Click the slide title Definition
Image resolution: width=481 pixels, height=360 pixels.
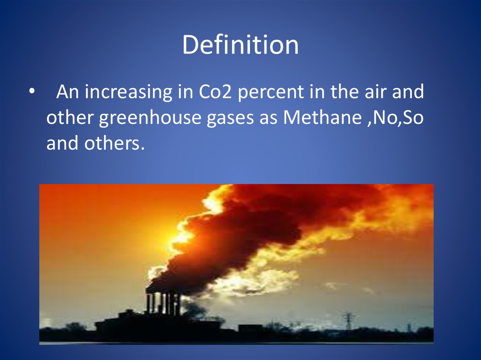point(240,45)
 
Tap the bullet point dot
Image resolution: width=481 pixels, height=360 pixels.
point(31,91)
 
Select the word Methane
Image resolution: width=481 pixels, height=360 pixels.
point(322,117)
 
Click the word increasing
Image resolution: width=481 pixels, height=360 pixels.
point(128,92)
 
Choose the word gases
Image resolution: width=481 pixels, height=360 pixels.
point(230,118)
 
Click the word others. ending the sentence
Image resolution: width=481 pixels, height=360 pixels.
point(114,143)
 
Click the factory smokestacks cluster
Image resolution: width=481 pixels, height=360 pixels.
point(163,303)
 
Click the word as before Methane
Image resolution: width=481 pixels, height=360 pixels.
point(268,118)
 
